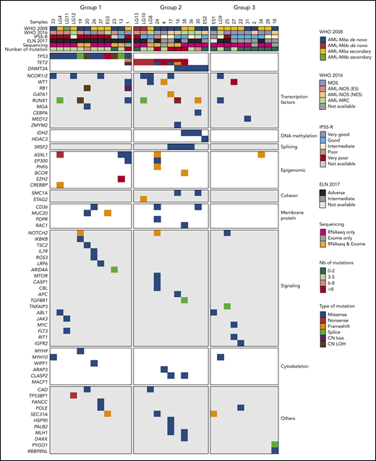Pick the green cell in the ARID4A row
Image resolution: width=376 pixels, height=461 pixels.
pos(114,269)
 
